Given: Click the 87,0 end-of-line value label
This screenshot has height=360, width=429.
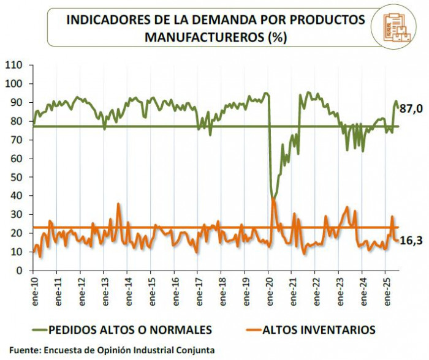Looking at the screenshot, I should click(410, 108).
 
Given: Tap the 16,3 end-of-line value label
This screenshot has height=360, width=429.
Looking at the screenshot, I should click(410, 241).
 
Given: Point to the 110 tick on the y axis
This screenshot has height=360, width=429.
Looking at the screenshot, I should click(14, 65).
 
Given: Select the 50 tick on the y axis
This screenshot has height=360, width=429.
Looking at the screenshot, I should click(17, 178).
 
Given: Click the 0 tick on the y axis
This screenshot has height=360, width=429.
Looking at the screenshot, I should click(20, 271).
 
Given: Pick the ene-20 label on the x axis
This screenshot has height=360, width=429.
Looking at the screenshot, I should click(268, 288).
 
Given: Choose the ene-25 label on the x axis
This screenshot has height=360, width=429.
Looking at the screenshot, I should click(385, 288).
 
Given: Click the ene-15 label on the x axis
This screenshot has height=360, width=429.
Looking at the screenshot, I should click(151, 288).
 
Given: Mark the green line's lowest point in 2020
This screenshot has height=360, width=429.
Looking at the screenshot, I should click(273, 198).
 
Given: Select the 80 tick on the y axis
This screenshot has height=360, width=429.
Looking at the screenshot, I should click(17, 121).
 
